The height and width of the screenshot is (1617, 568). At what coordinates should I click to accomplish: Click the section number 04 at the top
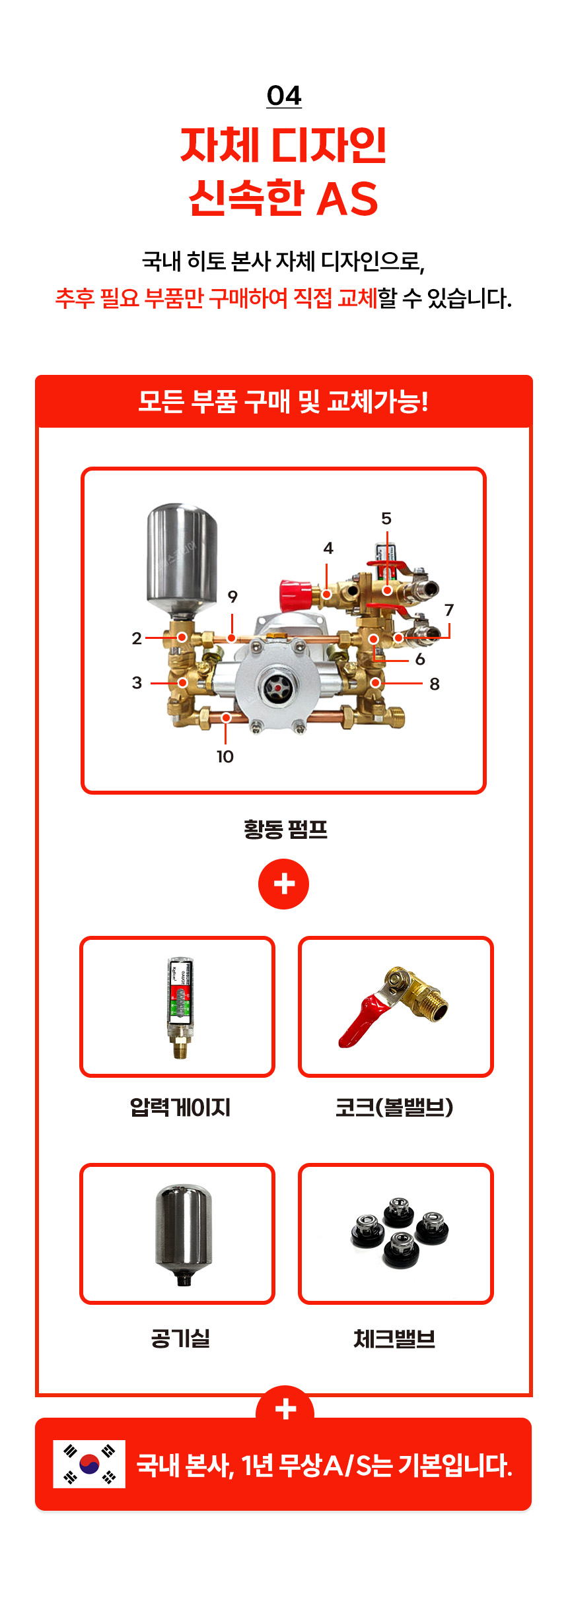coord(284,96)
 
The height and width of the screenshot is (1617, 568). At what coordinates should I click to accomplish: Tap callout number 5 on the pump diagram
coord(386,519)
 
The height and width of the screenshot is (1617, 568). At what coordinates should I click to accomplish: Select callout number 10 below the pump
coord(225,756)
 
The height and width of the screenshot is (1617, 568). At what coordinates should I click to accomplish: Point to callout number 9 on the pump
coord(232,597)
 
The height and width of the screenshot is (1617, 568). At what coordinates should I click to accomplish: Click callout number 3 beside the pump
coord(137,682)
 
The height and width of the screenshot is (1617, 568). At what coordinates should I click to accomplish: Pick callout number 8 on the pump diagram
coord(435,684)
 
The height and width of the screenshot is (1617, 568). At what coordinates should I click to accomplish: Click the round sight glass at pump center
coord(275,688)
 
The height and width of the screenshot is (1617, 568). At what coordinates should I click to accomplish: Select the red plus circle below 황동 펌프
coord(284,884)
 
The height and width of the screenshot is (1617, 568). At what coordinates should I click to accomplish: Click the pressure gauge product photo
coord(180,1007)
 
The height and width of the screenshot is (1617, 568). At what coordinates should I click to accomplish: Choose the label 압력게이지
coord(180,1107)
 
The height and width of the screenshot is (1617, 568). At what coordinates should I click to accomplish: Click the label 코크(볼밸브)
coord(394,1107)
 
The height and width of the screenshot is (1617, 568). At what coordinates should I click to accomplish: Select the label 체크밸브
coord(394,1338)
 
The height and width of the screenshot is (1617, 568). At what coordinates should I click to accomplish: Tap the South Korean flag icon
coord(89,1464)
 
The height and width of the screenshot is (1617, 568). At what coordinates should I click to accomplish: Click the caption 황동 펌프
coord(285,829)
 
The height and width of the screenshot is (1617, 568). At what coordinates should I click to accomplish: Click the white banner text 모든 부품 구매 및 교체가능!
coord(283,401)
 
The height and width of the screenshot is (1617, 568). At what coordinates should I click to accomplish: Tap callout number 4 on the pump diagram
coord(328,548)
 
